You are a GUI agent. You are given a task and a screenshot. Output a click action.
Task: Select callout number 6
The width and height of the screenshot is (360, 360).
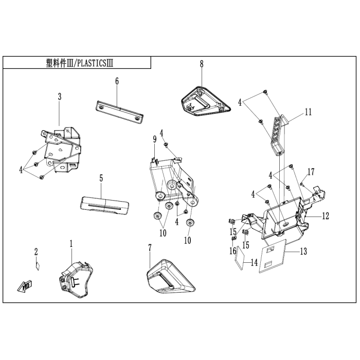117,81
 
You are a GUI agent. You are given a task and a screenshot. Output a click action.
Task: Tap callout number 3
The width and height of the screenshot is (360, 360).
60,97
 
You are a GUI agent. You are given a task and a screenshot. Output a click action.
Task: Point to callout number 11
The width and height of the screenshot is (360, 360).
308,112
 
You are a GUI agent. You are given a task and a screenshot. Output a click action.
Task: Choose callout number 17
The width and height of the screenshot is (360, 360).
310,171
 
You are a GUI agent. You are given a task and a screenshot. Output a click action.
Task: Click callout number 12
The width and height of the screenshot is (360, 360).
325,217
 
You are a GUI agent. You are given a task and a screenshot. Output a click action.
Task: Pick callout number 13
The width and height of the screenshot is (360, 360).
303,251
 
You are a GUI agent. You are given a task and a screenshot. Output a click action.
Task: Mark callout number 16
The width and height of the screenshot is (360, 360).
232,250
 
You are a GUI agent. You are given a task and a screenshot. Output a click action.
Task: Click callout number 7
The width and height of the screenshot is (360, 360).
150,248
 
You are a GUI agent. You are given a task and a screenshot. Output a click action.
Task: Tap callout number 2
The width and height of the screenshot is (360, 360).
37,251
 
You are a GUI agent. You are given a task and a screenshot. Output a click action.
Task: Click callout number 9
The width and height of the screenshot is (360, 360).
154,139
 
